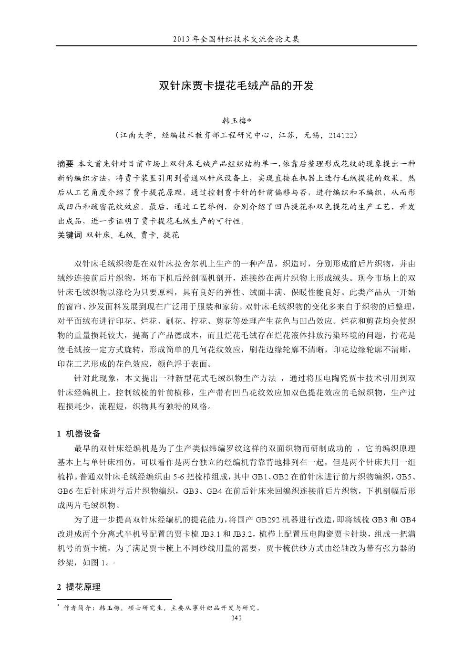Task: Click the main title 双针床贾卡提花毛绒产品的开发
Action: tap(236, 86)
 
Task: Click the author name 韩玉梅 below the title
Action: tap(234, 120)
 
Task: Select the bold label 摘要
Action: tap(65, 164)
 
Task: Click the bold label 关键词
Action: tap(70, 235)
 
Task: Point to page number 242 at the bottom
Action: tap(236, 618)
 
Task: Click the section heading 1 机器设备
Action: tap(79, 434)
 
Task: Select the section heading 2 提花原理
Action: tap(79, 587)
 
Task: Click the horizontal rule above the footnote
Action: tap(114, 599)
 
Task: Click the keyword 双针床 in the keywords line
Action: tap(99, 235)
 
